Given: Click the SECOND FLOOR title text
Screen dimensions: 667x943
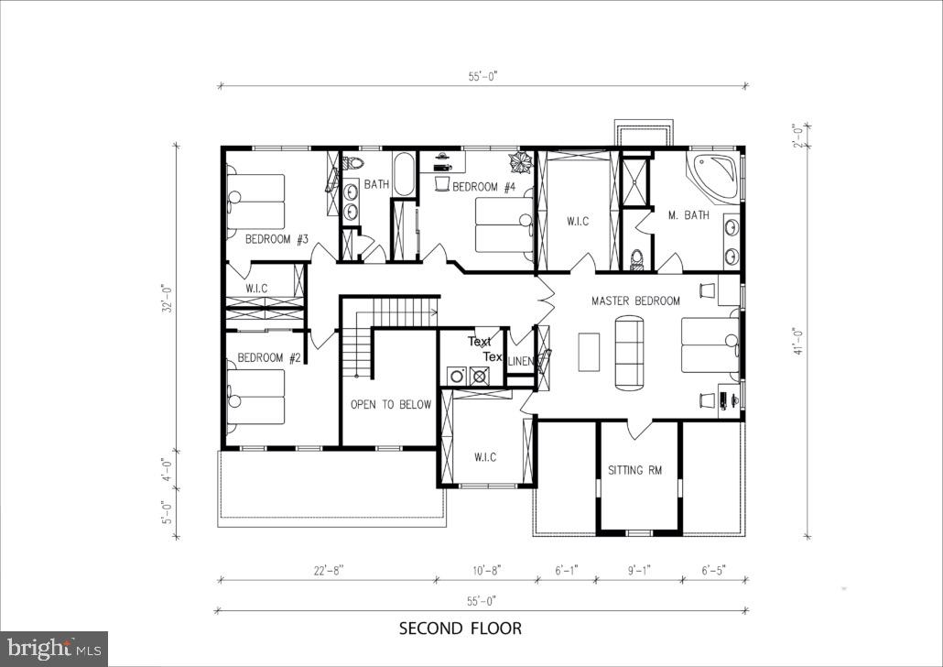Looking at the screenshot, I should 461,629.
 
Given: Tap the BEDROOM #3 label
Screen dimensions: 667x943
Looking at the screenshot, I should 276,239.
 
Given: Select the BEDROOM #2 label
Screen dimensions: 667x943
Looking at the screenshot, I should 269,358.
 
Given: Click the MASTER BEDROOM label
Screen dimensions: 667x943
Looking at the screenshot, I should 635,301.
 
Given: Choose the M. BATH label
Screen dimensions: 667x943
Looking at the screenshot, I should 688,215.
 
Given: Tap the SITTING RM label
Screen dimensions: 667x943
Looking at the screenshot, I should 634,471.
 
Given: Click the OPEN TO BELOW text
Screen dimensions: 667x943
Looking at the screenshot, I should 391,404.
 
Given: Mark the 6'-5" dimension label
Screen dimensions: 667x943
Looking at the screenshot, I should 713,571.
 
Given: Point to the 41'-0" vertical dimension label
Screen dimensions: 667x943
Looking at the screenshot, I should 799,338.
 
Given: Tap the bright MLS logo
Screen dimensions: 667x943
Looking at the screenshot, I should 53,649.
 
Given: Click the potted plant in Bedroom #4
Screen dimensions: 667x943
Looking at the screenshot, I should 521,163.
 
